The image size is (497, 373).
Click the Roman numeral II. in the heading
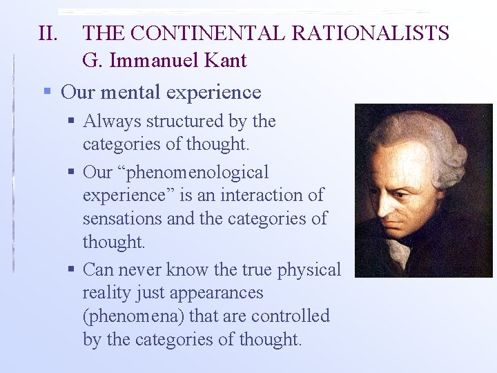pyautogui.click(x=50, y=33)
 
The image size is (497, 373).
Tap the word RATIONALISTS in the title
pyautogui.click(x=370, y=33)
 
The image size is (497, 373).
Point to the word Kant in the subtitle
pyautogui.click(x=224, y=61)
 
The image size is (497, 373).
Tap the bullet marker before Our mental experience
pyautogui.click(x=47, y=91)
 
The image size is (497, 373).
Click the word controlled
pyautogui.click(x=291, y=316)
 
